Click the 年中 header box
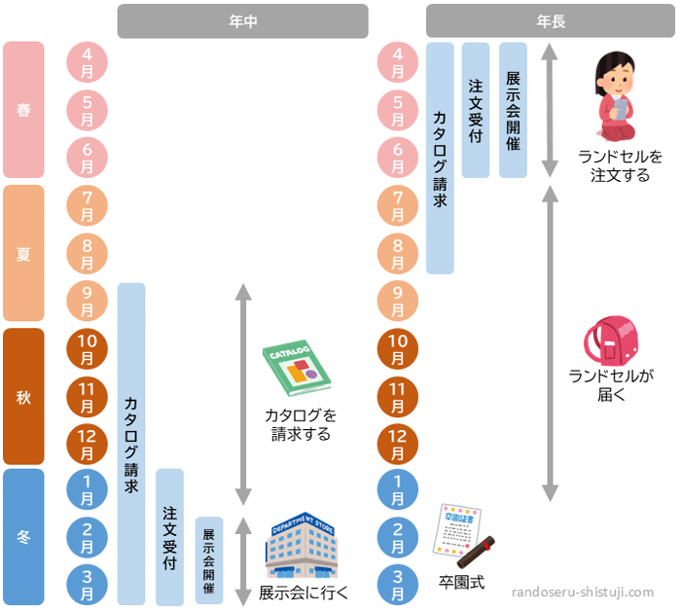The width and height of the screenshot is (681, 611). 242,21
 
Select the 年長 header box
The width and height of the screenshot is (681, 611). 550,21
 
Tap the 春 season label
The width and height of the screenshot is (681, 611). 23,110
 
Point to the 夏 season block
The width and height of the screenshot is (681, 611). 23,253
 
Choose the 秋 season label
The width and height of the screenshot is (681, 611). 23,396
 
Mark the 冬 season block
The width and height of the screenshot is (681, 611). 23,536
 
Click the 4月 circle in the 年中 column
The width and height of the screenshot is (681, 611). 87,62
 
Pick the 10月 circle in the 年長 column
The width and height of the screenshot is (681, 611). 397,348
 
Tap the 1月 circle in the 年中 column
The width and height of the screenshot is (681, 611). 87,489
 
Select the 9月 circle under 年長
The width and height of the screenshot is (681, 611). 397,301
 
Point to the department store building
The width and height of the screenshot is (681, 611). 301,548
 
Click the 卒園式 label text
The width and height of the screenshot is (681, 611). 461,583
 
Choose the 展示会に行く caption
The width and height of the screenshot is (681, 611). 304,592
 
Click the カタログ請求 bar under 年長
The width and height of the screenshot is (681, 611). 440,158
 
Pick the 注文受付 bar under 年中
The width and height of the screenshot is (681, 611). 169,536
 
